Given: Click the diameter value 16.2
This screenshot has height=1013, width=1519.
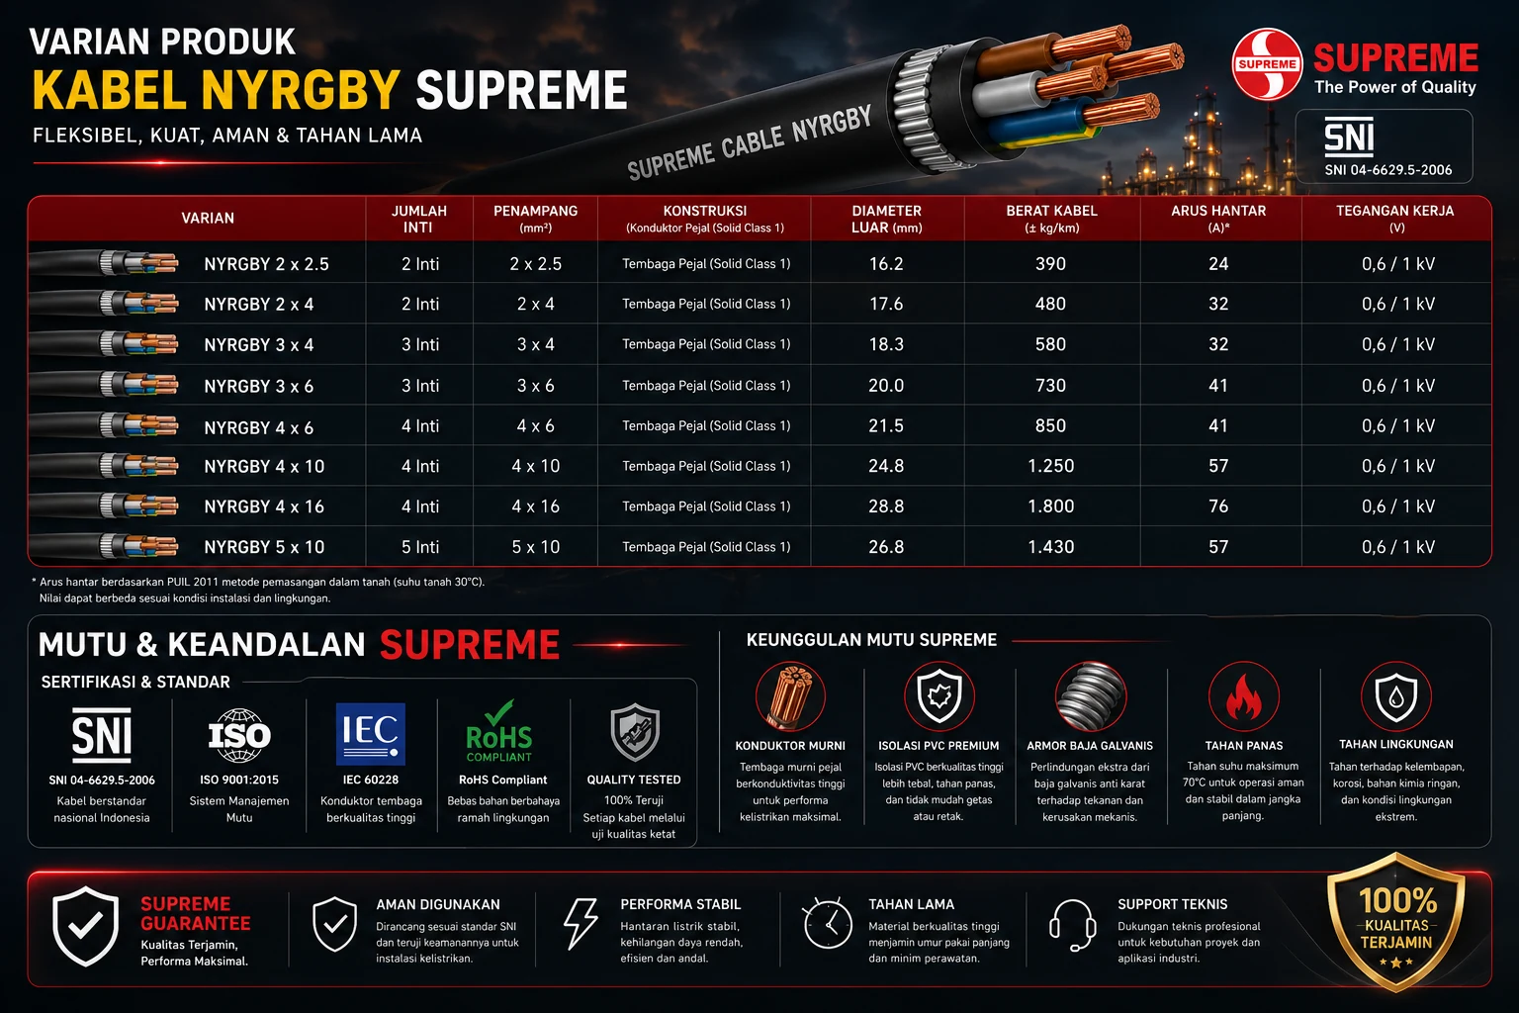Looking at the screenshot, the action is click(x=886, y=263).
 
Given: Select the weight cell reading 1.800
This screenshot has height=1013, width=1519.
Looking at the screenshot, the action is click(x=1050, y=506).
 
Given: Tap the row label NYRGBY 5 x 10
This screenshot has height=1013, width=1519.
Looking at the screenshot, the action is click(x=264, y=547).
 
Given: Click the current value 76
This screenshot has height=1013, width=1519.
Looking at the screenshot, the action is click(x=1218, y=506).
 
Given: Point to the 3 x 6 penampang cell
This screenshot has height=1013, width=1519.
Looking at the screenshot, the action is click(x=536, y=386).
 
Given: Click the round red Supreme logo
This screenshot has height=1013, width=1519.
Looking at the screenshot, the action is click(x=1267, y=64).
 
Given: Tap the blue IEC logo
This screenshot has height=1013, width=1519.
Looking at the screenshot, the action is click(x=370, y=734).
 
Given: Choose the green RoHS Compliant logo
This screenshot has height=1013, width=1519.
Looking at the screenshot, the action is click(x=499, y=731).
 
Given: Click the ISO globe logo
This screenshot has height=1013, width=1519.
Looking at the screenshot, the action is click(x=238, y=735).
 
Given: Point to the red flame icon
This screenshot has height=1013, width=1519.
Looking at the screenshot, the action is click(x=1244, y=696).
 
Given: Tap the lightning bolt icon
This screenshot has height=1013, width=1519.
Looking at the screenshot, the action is click(x=581, y=923).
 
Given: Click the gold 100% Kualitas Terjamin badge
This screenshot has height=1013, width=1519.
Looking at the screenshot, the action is click(x=1396, y=922).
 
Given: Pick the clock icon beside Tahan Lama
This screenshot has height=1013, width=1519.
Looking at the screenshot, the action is click(x=828, y=923).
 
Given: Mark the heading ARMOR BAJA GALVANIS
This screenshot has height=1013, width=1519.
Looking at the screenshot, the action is click(x=1090, y=746).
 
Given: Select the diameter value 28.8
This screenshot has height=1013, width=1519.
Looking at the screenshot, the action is click(x=886, y=506).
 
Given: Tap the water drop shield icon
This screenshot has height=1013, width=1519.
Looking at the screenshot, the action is click(x=1395, y=696).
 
